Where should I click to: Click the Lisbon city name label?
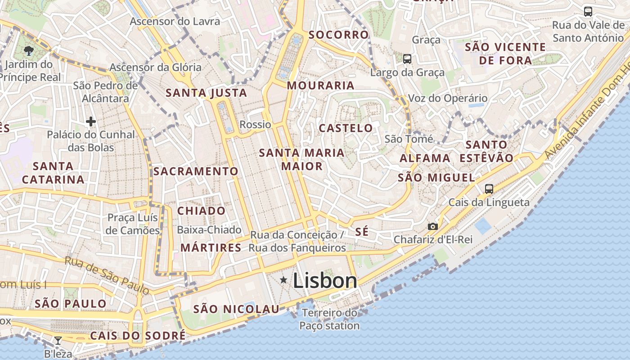coord(325,281)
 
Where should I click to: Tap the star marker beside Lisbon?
coord(283,280)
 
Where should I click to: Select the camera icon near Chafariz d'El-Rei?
coord(432,226)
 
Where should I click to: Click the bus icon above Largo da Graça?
coord(407,58)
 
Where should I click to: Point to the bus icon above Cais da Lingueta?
coord(489,189)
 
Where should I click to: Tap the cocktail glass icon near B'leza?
coord(58,340)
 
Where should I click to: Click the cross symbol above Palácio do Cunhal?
coord(91,121)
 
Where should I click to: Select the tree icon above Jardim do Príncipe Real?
coord(29,50)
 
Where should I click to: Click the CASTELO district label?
coord(346,128)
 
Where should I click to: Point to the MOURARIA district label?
coord(320,85)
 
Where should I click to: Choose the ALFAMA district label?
coord(425,158)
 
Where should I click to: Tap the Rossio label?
coord(255,125)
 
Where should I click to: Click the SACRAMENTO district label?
coord(196,171)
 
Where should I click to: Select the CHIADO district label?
coord(201,211)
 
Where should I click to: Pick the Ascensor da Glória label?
coord(156,67)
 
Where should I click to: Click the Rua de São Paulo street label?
coord(107,275)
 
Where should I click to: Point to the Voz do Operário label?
coord(447,98)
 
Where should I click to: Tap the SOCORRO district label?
coord(338,35)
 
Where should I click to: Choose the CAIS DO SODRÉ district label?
coord(138,336)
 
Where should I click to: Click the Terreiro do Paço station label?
coord(329,319)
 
